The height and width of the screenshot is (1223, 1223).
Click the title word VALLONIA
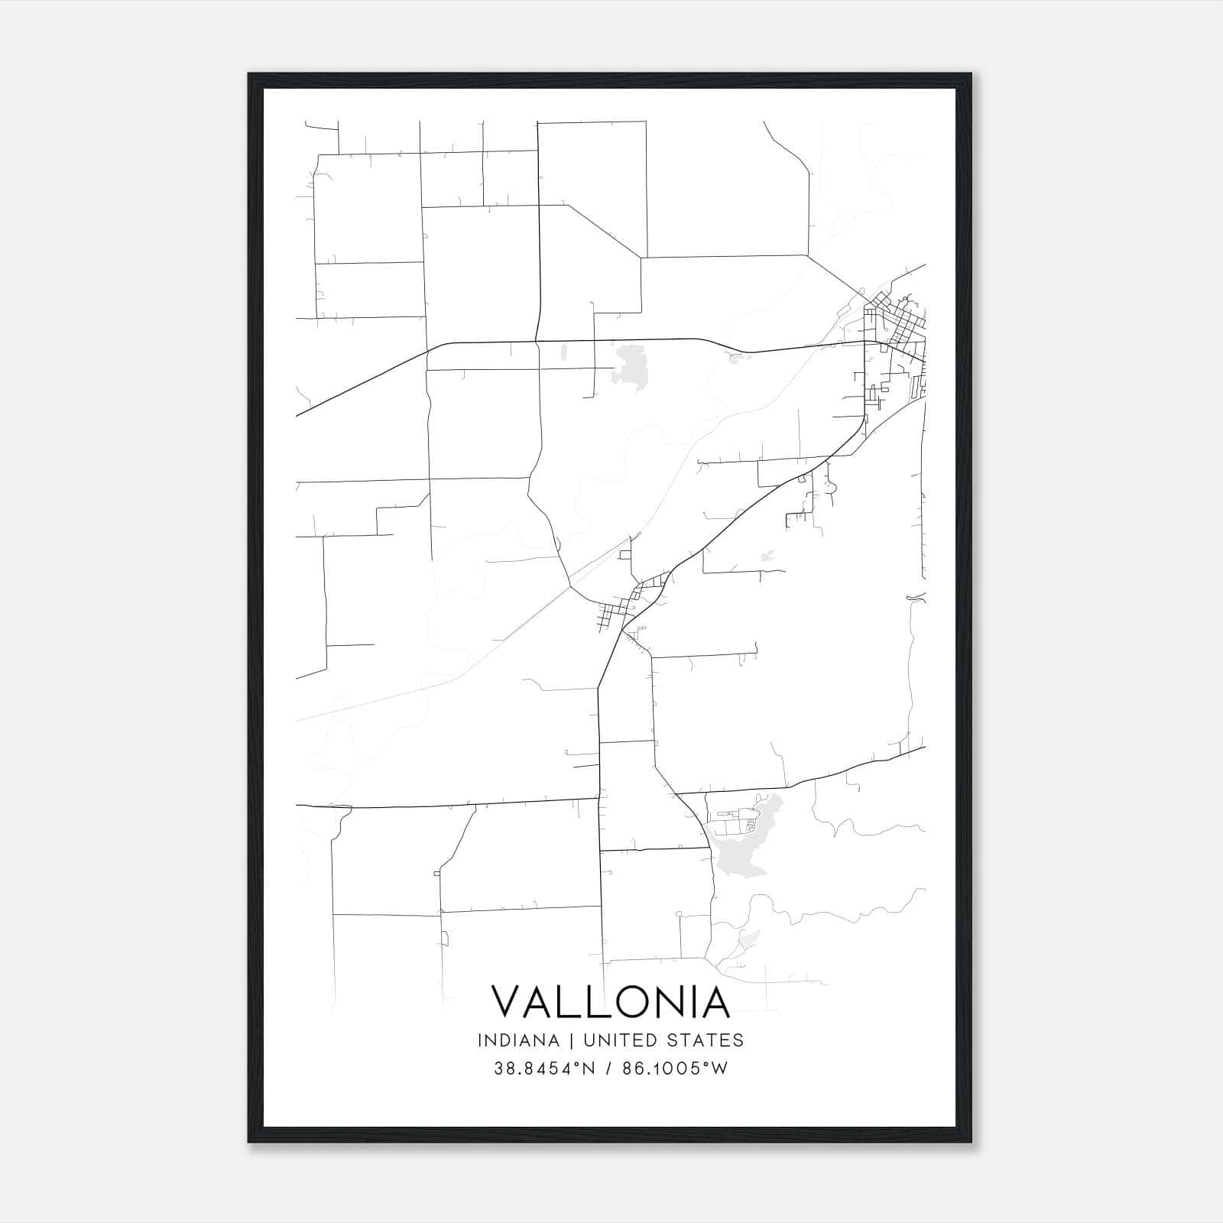610,1002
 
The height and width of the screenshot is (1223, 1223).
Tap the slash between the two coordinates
608,1069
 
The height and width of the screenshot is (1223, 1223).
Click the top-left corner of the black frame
249,74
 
